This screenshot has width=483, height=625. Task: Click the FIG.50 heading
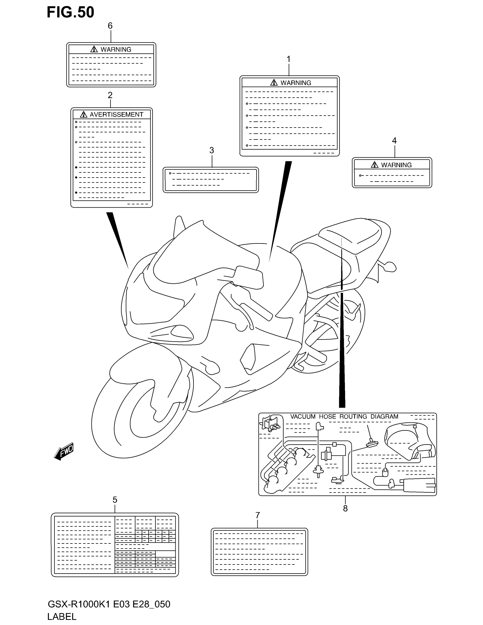(70, 12)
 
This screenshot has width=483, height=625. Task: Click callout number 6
(110, 26)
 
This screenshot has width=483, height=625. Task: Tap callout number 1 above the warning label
(289, 59)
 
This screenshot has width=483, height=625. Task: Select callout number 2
(110, 95)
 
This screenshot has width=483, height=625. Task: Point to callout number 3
(212, 150)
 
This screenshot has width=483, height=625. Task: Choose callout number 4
(394, 141)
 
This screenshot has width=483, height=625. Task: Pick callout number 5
(115, 499)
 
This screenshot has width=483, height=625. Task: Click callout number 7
(257, 515)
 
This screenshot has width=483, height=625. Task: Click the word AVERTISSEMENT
(116, 114)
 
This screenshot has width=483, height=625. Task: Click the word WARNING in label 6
(116, 49)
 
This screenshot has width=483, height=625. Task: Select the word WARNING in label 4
(396, 165)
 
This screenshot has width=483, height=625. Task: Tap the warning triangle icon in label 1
(274, 83)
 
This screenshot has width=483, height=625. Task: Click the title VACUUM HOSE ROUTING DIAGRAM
(344, 416)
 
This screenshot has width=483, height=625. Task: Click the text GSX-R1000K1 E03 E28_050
(109, 604)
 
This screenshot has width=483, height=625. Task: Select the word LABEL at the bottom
(62, 616)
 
